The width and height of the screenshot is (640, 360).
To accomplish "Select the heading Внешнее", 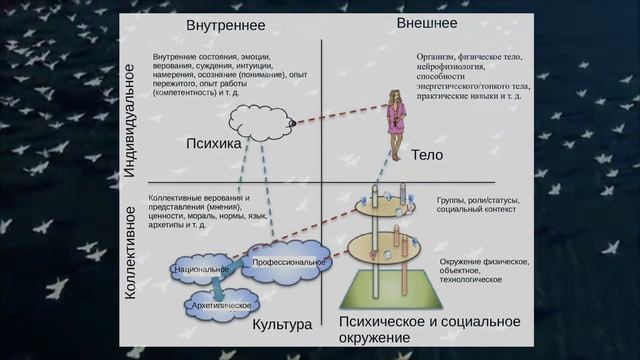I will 427,22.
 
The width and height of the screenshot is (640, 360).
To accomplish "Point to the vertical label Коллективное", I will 130,252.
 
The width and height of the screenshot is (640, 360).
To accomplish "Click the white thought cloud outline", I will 258,124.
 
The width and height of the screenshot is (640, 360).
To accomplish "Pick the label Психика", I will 214,144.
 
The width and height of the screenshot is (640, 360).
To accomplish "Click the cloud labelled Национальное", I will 200,270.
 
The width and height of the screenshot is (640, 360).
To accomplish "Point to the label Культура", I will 282,325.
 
